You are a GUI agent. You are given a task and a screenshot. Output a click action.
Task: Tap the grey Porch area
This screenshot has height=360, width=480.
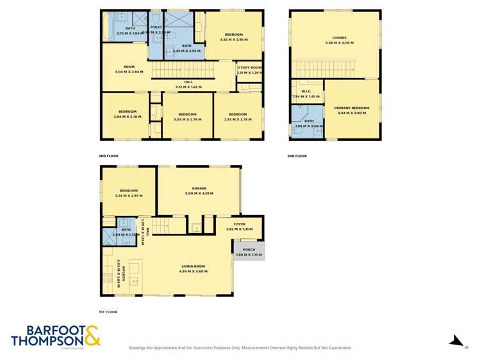[x=248, y=250]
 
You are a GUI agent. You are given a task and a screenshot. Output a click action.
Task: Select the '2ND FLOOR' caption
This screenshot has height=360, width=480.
[x=109, y=156]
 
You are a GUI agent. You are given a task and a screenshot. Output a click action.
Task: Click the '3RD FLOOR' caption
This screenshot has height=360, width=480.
[x=298, y=156]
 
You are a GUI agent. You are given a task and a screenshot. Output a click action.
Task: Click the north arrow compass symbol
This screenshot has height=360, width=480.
[x=456, y=341]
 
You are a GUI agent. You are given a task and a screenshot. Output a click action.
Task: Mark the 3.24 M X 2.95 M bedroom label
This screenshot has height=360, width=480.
[x=128, y=193]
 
